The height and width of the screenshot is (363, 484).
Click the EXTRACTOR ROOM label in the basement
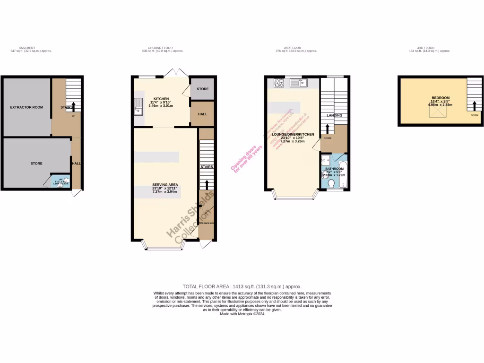[26, 107]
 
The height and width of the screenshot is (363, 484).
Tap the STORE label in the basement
[36, 164]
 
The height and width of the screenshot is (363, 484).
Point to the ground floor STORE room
[202, 89]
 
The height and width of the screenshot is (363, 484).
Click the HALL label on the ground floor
[202, 114]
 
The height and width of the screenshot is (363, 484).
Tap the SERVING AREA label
[164, 184]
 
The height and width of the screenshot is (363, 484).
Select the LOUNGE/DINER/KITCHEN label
[293, 135]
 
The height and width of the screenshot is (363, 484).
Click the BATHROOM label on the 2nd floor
[334, 169]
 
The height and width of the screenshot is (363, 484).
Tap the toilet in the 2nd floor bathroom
[331, 183]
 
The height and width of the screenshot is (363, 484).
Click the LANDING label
[335, 115]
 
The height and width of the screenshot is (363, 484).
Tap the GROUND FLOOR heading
[160, 48]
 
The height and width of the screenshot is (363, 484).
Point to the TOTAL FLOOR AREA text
[242, 286]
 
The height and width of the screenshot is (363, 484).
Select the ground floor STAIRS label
[207, 167]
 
